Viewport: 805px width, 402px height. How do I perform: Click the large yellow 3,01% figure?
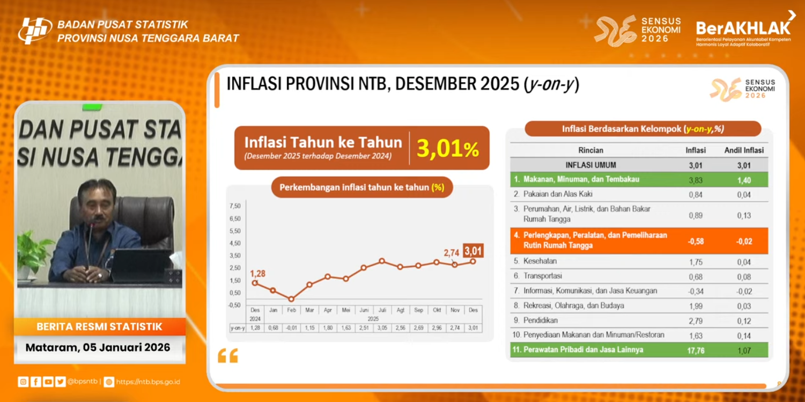447,149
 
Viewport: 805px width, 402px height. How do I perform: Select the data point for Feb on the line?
291,299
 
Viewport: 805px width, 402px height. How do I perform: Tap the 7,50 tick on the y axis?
235,206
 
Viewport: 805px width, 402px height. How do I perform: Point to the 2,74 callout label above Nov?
452,253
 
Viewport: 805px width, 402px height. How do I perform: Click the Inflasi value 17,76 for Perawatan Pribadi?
696,351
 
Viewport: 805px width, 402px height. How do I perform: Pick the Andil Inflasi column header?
743,150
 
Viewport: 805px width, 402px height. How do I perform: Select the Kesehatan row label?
540,261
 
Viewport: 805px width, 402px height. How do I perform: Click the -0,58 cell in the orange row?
696,242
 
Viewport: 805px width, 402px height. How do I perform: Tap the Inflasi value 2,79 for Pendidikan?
696,321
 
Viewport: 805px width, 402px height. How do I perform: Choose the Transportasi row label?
543,276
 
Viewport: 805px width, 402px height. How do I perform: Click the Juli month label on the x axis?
382,310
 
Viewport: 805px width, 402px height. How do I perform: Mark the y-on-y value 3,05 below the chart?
382,327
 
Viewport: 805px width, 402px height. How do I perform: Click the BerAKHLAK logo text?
743,28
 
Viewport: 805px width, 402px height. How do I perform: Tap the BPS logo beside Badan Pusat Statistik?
35,31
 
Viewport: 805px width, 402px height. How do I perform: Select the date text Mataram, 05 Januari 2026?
98,347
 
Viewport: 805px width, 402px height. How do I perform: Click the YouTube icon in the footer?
48,382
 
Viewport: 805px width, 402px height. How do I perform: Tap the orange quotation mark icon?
228,356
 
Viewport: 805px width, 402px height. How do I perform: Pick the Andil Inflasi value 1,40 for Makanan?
743,180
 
